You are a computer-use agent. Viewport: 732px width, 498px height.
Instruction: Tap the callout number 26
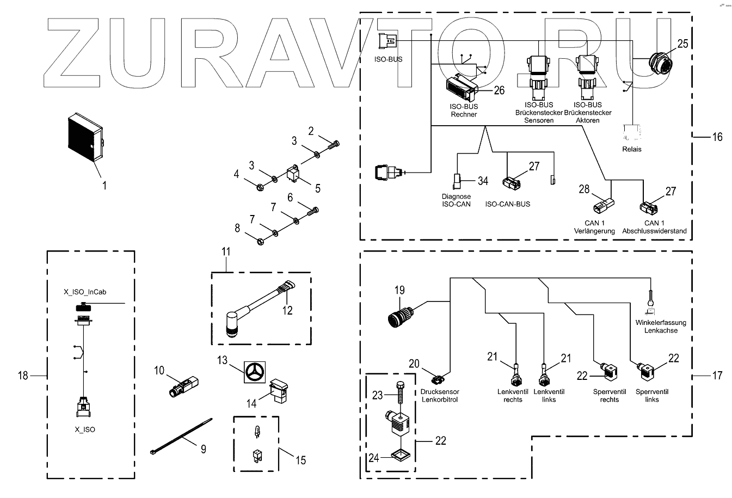click(499, 90)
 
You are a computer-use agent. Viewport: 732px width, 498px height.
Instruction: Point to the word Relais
click(631, 149)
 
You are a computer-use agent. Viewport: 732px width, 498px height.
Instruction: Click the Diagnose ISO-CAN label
click(456, 200)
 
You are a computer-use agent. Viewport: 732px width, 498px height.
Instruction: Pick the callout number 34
click(483, 180)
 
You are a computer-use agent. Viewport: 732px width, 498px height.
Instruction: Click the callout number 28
click(584, 189)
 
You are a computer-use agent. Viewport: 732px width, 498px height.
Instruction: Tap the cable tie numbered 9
click(180, 435)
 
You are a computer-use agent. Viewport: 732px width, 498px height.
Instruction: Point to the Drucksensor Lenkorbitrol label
click(440, 396)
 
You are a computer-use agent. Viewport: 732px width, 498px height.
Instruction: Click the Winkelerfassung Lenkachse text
click(661, 327)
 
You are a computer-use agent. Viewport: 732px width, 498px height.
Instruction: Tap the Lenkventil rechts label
click(509, 396)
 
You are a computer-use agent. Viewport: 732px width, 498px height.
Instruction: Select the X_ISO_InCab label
click(84, 292)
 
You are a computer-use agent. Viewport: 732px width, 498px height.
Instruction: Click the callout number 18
click(23, 376)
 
